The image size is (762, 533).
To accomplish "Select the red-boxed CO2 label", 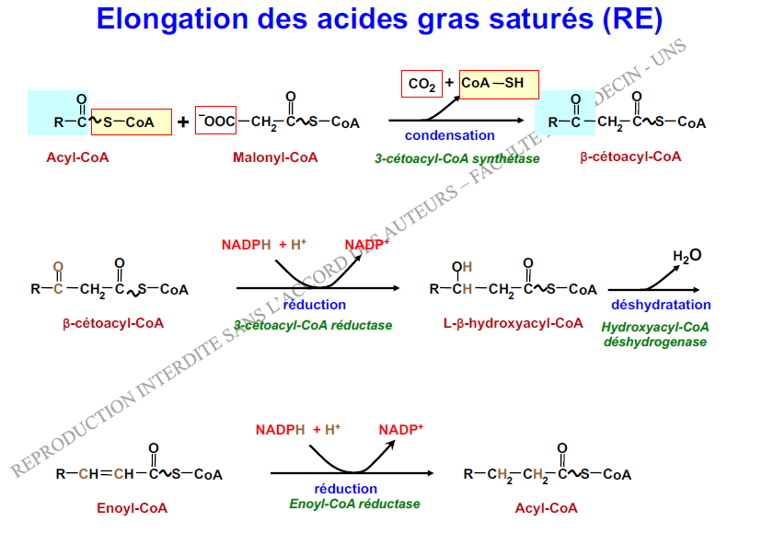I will (422, 85).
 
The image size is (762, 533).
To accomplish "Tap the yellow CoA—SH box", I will (498, 84).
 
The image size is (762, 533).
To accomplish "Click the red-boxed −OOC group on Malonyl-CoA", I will (215, 122).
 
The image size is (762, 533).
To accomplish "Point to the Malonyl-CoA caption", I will (275, 157).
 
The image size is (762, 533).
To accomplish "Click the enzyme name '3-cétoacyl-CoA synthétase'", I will (456, 158).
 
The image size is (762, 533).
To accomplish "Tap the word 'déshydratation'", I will (660, 305).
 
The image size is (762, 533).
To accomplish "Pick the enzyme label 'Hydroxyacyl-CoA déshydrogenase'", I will (655, 334).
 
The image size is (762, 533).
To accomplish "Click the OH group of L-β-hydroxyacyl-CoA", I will (460, 267).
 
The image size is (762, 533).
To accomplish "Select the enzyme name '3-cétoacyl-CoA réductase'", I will (313, 325).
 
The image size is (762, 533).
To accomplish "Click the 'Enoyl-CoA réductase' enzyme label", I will (354, 504).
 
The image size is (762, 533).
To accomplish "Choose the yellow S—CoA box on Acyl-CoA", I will (132, 122).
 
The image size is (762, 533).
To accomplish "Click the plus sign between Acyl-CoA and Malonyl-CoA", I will (183, 122).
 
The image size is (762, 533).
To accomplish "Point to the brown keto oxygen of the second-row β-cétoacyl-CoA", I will (58, 267).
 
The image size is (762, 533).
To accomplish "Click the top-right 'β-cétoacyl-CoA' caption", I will (630, 156).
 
